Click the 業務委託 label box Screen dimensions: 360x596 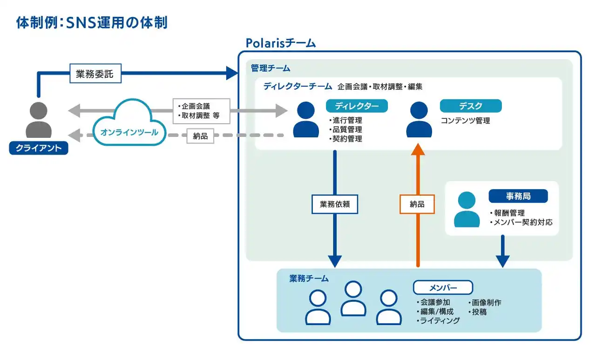point(95,74)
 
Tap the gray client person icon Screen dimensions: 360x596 point(39,120)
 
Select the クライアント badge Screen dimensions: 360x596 point(39,148)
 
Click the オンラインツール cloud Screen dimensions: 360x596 point(129,126)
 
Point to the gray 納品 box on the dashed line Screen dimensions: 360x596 point(200,136)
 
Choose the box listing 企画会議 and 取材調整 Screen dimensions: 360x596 point(201,110)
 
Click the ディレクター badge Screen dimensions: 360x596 point(357,106)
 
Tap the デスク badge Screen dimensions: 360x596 point(471,106)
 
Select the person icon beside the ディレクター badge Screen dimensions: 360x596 point(306,120)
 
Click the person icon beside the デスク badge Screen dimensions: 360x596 point(419,120)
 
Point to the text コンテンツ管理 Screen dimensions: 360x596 point(465,121)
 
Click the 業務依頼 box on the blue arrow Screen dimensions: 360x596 point(334,204)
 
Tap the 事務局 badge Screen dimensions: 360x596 point(518,196)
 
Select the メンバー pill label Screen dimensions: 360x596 point(443,288)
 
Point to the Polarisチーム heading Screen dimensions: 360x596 point(280,43)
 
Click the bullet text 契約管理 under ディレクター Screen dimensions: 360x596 point(346,138)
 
